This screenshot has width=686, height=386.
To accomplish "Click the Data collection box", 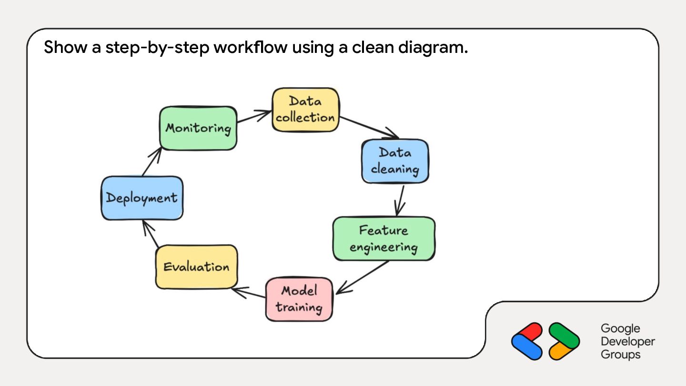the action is (x=305, y=110).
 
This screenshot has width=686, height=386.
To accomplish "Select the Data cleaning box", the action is (x=395, y=161).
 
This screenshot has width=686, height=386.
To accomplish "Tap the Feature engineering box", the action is (x=384, y=239).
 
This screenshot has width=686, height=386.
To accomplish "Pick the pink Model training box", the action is (x=299, y=299).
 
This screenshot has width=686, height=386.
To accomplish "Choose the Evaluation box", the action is (x=196, y=267).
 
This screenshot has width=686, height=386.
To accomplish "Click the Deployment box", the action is (x=142, y=198).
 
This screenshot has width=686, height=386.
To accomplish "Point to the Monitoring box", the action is (x=198, y=128).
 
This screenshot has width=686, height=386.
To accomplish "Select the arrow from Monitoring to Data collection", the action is (x=254, y=116).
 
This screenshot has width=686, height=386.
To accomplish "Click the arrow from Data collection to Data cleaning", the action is (x=369, y=127).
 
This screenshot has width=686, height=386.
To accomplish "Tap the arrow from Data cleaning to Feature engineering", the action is (x=400, y=201).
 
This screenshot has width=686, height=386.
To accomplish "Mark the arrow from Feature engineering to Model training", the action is (x=362, y=277).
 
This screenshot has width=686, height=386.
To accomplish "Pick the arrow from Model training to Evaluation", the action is (x=248, y=293).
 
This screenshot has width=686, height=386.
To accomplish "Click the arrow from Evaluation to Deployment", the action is (x=151, y=234).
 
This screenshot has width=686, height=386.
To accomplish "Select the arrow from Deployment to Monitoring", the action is (x=152, y=162).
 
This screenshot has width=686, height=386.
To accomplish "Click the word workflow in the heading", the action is (x=251, y=47).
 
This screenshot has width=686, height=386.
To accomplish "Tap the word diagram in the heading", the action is (x=433, y=48).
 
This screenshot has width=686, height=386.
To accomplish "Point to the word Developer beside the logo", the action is (x=628, y=341).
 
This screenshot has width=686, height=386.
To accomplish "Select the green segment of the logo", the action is (x=564, y=335).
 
